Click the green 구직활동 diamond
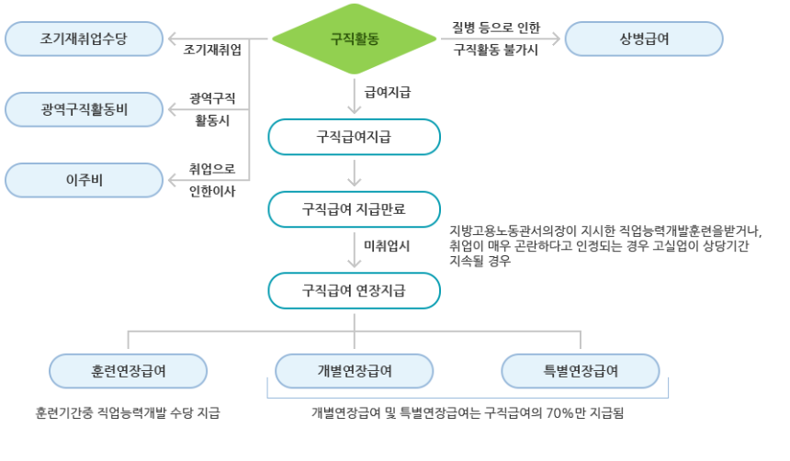pyautogui.click(x=355, y=39)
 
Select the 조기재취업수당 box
pyautogui.click(x=84, y=39)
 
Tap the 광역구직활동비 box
pyautogui.click(x=84, y=109)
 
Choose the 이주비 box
pyautogui.click(x=84, y=179)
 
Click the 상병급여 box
pyautogui.click(x=644, y=39)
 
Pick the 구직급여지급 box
pyautogui.click(x=355, y=137)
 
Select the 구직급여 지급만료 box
pyautogui.click(x=355, y=208)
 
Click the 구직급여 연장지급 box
pyautogui.click(x=355, y=290)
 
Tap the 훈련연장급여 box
pyautogui.click(x=128, y=370)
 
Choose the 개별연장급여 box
pyautogui.click(x=355, y=370)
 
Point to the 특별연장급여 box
pyautogui.click(x=581, y=370)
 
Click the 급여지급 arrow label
pyautogui.click(x=388, y=92)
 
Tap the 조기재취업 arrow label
pyautogui.click(x=212, y=49)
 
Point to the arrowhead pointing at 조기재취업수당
pyautogui.click(x=172, y=39)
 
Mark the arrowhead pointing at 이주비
pyautogui.click(x=172, y=179)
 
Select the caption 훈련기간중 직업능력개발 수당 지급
pyautogui.click(x=128, y=413)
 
